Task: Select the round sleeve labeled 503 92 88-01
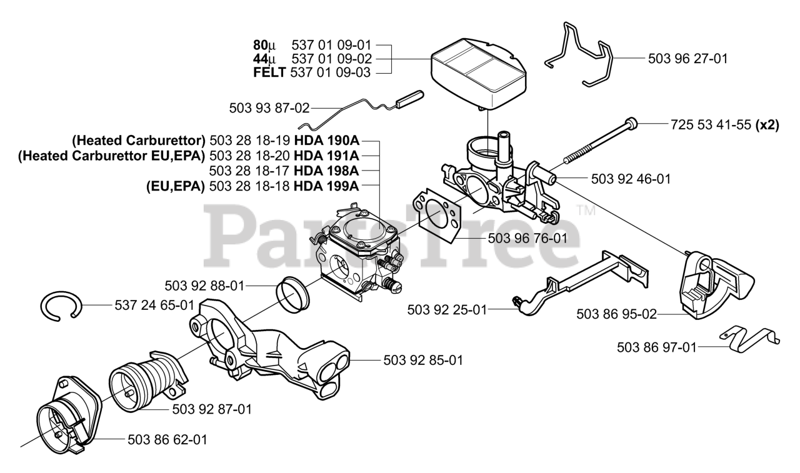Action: click(x=294, y=294)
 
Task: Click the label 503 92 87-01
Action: click(x=212, y=409)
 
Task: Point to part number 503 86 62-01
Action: click(x=167, y=440)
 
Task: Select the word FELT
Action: click(x=269, y=73)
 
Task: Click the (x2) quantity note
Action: click(x=767, y=124)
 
